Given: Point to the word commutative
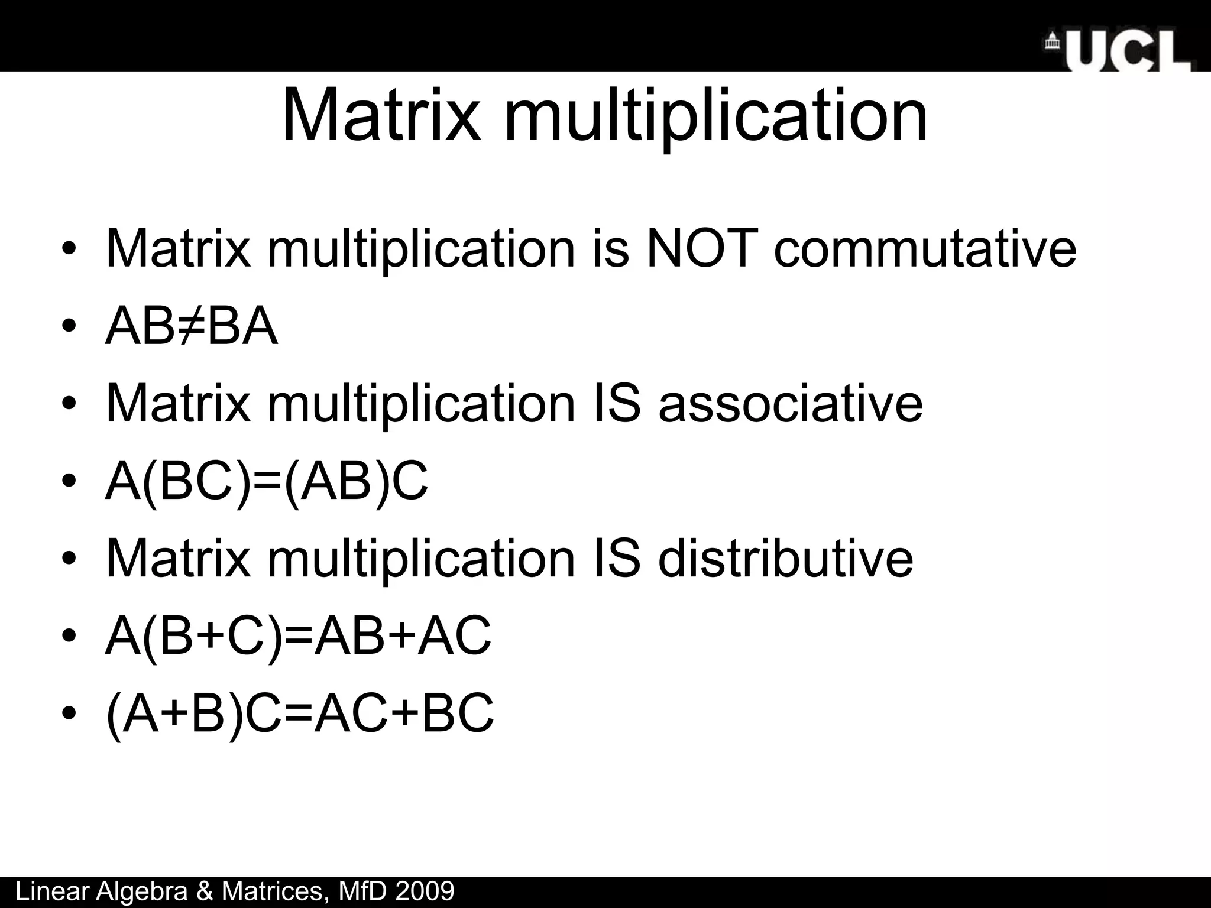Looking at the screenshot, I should pos(925,248).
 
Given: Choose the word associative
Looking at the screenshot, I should pos(790,404).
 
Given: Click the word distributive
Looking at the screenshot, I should pos(785,559).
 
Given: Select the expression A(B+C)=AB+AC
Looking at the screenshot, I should pos(297,636).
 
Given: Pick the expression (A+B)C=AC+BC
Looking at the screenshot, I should pos(299,714).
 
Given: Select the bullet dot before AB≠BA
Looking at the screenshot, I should pos(69,327).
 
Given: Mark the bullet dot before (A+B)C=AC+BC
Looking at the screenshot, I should pos(69,714).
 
